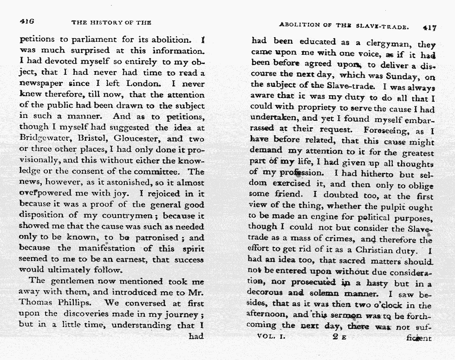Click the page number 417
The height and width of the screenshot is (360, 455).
tap(429, 27)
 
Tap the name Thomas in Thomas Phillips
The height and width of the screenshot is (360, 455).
tap(36, 302)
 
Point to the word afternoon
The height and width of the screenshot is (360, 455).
tap(269, 316)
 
